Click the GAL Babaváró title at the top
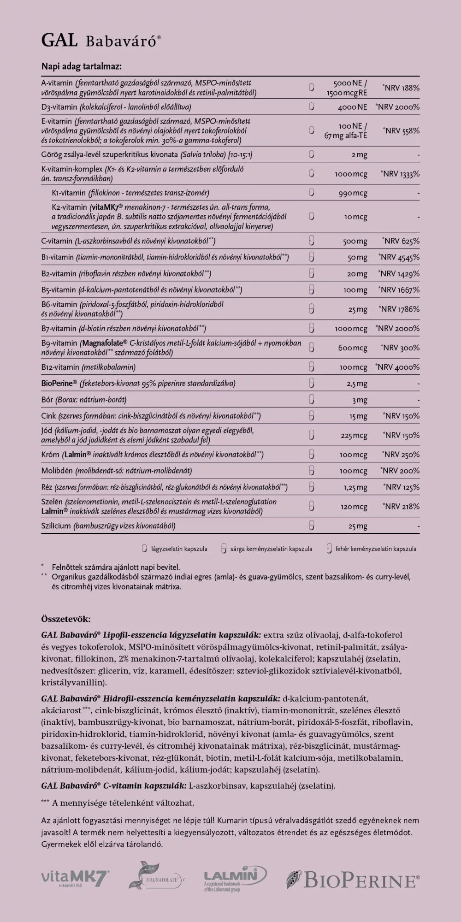pos(101,41)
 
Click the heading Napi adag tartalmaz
pos(81,66)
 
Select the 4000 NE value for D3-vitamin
pos(352,107)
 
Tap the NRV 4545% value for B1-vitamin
pos(399,257)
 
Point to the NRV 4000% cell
pos(398,367)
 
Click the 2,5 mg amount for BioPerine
pos(357,384)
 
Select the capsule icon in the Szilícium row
pos(311,526)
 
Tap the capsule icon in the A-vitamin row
pos(311,88)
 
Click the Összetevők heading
pos(66,619)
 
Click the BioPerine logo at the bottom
pos(353,880)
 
